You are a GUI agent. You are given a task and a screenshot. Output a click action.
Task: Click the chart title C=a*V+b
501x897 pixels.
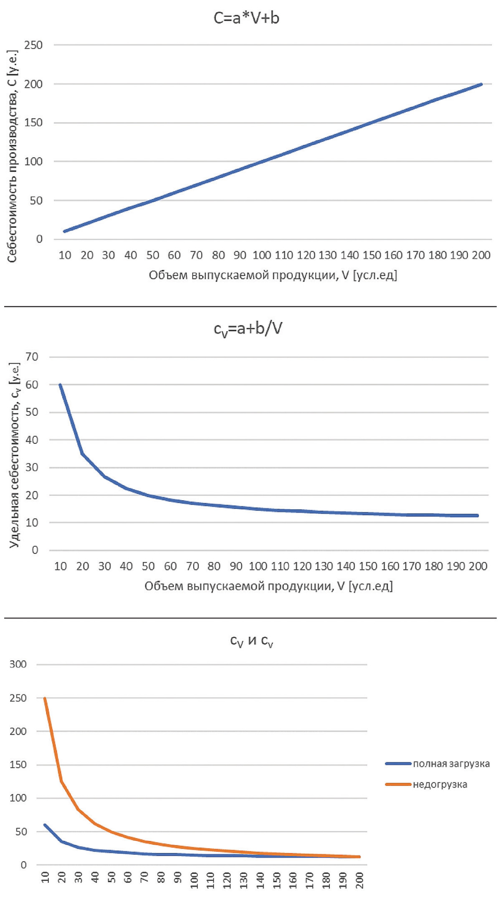point(246,19)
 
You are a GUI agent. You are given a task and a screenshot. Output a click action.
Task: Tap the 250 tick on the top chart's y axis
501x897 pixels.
point(33,45)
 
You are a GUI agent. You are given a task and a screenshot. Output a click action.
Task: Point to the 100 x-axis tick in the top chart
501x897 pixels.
point(261,255)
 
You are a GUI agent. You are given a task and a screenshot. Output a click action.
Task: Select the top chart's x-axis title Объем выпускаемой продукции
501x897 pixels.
point(273,275)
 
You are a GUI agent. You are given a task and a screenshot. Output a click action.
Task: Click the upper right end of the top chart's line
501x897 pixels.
point(481,84)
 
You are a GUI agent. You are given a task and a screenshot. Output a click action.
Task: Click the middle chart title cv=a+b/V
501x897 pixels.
point(248,329)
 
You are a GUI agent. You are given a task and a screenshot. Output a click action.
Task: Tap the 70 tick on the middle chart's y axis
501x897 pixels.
point(32,357)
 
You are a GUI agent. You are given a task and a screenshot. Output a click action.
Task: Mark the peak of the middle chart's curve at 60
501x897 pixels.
point(60,385)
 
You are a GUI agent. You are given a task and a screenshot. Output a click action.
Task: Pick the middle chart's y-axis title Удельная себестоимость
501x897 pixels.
point(15,455)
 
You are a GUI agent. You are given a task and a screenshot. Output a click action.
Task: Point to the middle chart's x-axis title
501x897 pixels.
point(269,586)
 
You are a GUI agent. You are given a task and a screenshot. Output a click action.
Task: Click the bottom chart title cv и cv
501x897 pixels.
point(252,640)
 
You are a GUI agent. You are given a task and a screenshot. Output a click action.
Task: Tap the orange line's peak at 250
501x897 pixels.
point(45,698)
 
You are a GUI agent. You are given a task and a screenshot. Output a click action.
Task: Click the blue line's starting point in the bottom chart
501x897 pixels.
point(45,825)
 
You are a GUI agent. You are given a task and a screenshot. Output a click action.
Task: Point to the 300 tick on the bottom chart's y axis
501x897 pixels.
point(18,664)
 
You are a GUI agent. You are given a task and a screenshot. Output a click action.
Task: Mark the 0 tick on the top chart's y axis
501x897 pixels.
point(39,239)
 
